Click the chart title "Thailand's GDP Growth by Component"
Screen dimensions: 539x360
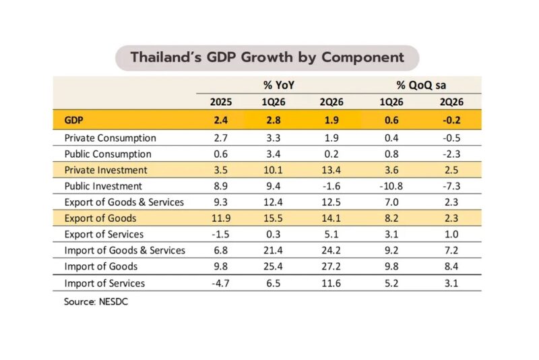coord(267,57)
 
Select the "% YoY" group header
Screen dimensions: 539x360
coord(279,85)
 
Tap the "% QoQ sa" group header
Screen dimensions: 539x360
coord(421,85)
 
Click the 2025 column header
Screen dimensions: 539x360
coord(221,102)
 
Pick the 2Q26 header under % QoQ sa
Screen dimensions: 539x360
coord(451,102)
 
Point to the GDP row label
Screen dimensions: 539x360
coord(73,120)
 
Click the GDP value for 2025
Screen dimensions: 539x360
coord(221,120)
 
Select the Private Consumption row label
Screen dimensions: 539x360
coord(110,138)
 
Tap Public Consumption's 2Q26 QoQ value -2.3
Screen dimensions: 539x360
coord(451,154)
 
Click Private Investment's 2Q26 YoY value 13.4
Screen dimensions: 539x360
coord(331,170)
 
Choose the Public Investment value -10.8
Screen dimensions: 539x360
coord(391,186)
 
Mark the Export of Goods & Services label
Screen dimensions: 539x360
coord(124,202)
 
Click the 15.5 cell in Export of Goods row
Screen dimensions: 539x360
coord(273,218)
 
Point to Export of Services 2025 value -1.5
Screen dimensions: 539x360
coord(220,234)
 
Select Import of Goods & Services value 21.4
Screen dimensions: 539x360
coord(273,250)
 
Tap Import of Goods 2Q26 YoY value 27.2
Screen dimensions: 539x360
coord(331,266)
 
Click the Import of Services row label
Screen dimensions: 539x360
coord(104,283)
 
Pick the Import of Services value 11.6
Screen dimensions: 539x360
coord(331,283)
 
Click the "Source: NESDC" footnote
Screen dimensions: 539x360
coord(96,301)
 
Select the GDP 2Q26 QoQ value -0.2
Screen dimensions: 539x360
coord(451,120)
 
